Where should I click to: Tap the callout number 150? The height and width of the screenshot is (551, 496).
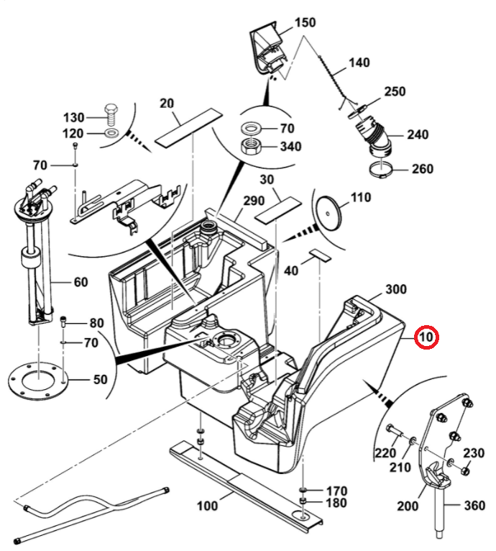pos(305,23)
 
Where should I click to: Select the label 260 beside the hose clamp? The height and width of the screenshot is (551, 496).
pos(423,170)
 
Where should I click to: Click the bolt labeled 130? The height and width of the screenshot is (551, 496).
pos(111,114)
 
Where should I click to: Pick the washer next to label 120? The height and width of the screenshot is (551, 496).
pos(112,134)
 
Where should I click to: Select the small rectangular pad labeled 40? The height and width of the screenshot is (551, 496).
pos(318,254)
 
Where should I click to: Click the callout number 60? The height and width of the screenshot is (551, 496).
pos(81,282)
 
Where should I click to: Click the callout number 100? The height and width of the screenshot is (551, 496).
pos(207,506)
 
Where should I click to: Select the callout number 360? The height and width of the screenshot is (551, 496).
pos(475,506)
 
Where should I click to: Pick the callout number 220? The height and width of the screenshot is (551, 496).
pos(387,453)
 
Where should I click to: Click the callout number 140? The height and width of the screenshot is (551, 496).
pos(359,63)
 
